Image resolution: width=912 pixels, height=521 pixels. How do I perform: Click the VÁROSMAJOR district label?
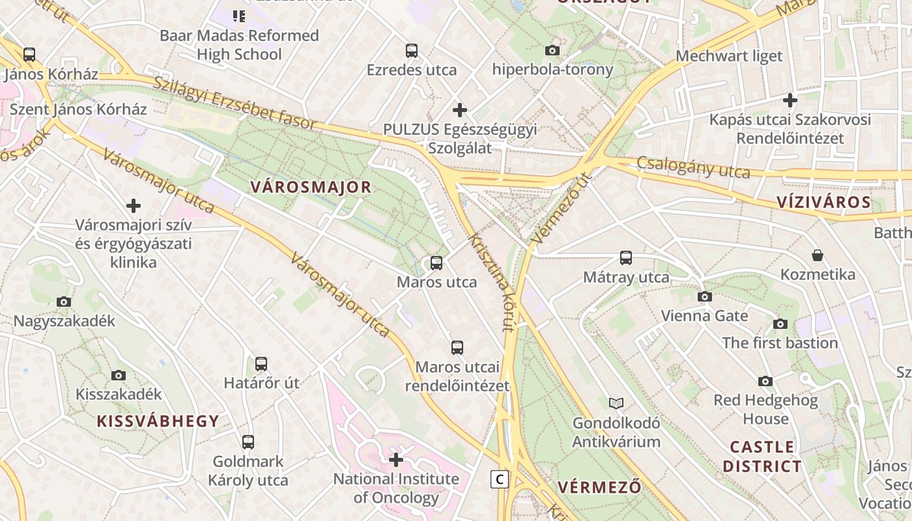point(311,188)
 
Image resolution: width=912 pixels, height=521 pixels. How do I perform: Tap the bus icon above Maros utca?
point(436,263)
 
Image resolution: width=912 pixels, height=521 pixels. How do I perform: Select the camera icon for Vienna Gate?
point(704,297)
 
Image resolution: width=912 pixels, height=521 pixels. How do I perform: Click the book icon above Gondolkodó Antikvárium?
point(616,403)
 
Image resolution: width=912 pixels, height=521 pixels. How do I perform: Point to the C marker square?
point(500,479)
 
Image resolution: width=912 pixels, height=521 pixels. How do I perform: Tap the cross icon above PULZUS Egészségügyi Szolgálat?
point(460,109)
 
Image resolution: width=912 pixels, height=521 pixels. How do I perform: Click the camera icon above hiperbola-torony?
point(552,50)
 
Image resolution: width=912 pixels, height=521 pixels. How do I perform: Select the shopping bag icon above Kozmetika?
point(818,255)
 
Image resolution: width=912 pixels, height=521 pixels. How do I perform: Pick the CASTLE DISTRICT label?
point(762,457)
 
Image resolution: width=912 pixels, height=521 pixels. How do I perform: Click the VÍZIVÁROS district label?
point(824,203)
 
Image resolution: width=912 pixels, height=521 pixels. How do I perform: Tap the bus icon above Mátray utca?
point(626,258)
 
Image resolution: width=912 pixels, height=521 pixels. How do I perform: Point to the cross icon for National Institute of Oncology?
point(396,460)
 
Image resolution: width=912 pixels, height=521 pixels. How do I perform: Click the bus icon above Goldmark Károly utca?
point(248,442)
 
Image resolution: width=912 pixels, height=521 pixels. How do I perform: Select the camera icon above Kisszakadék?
point(119,375)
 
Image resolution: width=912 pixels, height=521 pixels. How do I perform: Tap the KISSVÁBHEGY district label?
point(158,421)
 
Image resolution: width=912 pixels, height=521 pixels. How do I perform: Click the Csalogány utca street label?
point(693,167)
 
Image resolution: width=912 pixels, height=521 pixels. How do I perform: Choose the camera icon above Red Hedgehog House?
point(765,381)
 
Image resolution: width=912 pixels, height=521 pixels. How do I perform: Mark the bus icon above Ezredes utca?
point(412,50)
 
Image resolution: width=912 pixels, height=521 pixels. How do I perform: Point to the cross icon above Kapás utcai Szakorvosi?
point(790,100)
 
